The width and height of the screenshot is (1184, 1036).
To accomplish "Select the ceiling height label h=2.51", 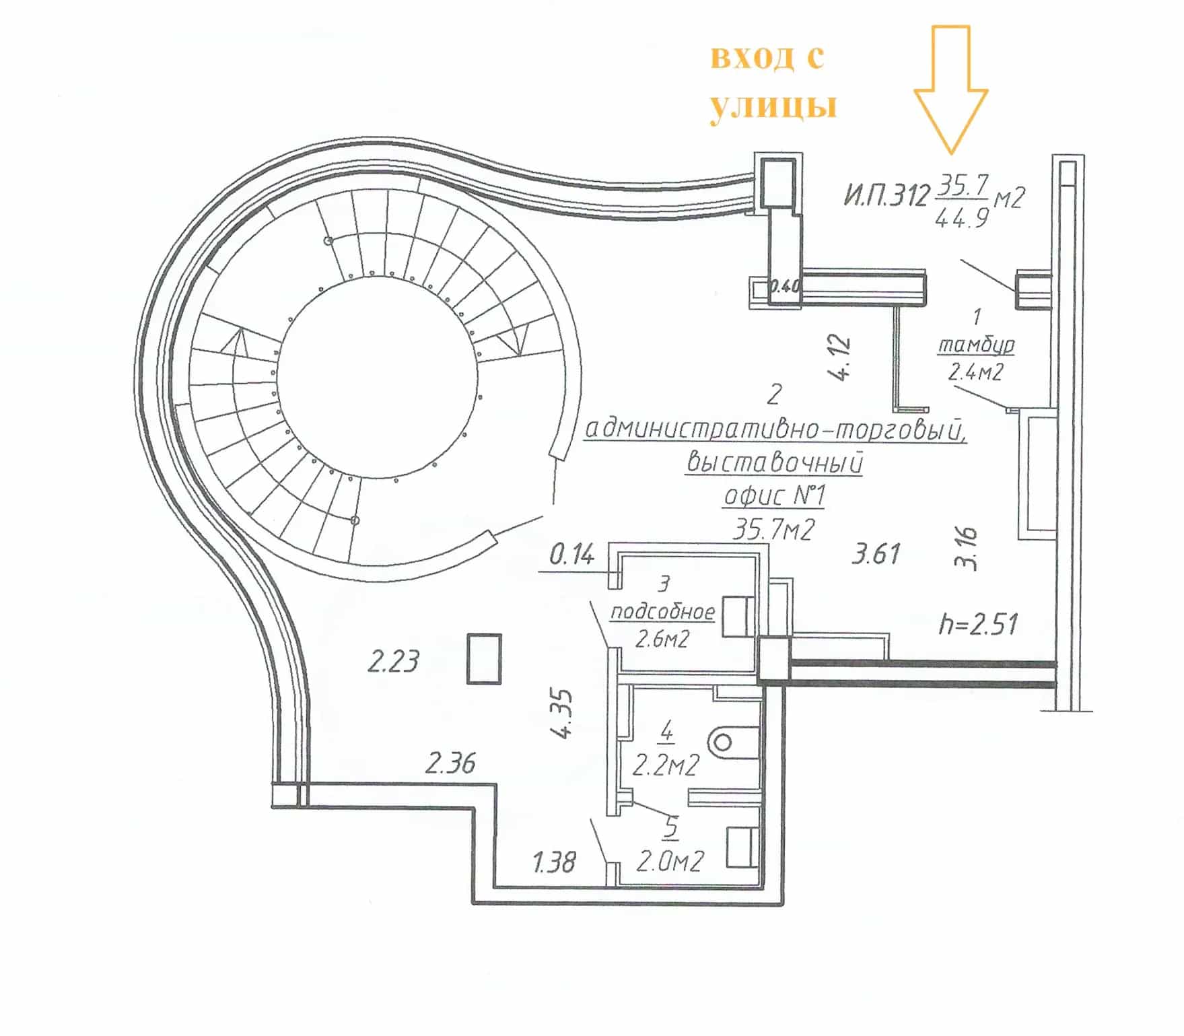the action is pyautogui.click(x=978, y=624).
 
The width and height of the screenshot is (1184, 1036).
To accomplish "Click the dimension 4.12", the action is pyautogui.click(x=841, y=359).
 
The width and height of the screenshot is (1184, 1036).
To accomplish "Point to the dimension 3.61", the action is pyautogui.click(x=876, y=554).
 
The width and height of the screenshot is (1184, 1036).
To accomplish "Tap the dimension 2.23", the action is pyautogui.click(x=393, y=661).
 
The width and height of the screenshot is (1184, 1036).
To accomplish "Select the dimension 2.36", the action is pyautogui.click(x=450, y=763).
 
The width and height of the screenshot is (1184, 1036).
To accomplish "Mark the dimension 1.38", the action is pyautogui.click(x=554, y=862).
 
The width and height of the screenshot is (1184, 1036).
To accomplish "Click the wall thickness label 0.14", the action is pyautogui.click(x=572, y=555).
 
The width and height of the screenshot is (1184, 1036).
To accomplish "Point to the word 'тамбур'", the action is pyautogui.click(x=976, y=345).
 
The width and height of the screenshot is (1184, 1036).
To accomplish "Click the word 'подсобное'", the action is pyautogui.click(x=662, y=611).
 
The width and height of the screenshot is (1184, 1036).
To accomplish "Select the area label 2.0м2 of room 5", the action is pyautogui.click(x=670, y=861).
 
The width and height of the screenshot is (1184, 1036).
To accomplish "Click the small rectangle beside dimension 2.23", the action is pyautogui.click(x=485, y=658).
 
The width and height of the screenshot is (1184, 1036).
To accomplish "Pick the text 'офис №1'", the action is pyautogui.click(x=774, y=496).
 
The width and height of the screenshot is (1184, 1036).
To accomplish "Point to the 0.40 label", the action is pyautogui.click(x=784, y=287).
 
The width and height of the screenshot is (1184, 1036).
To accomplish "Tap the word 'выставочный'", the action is pyautogui.click(x=774, y=463).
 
